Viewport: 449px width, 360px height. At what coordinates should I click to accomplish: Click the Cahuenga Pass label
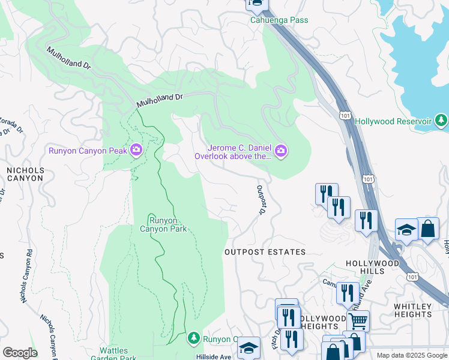[x=279, y=20]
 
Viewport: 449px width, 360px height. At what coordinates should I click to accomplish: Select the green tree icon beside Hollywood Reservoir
[x=441, y=121]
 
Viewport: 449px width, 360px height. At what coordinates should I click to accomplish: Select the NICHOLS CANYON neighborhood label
[x=25, y=174]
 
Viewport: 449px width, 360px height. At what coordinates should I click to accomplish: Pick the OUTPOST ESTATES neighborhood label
[x=265, y=252]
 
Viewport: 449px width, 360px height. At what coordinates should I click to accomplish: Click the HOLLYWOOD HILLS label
[x=372, y=268]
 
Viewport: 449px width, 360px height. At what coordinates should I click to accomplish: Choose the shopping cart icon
[x=358, y=320]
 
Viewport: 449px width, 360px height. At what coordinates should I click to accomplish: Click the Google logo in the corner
[x=19, y=352]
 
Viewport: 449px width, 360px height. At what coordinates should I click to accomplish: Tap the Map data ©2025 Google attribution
[x=411, y=355]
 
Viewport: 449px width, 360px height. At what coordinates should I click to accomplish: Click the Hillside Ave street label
[x=214, y=356]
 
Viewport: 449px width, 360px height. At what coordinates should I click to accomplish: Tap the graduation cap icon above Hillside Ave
[x=249, y=349]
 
